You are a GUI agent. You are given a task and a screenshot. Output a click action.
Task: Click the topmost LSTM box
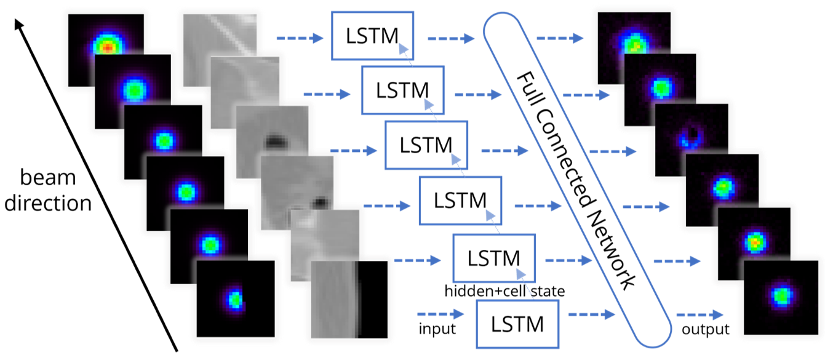[372, 36]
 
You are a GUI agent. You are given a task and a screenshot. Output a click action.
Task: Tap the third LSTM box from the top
[426, 145]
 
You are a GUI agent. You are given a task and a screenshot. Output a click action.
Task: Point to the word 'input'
[437, 329]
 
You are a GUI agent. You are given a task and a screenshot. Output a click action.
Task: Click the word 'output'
[705, 329]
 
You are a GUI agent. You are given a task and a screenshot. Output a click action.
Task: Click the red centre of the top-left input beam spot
[106, 46]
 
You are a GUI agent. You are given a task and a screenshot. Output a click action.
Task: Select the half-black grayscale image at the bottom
[349, 300]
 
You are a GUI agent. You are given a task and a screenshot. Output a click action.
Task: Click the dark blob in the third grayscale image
[273, 142]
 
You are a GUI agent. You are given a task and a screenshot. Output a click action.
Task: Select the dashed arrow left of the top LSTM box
[300, 39]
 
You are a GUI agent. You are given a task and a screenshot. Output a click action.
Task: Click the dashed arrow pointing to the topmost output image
[560, 39]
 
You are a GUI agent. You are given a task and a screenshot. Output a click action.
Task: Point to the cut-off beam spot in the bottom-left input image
[236, 300]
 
